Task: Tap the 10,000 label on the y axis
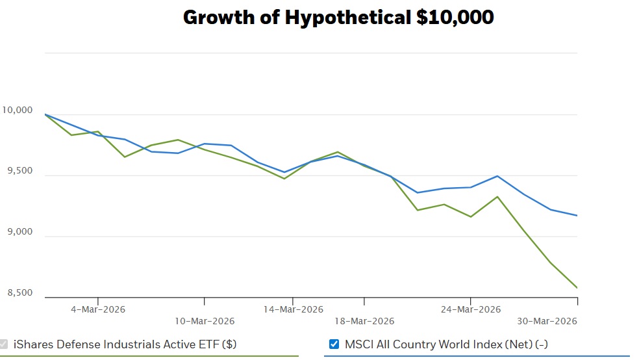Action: click(17, 110)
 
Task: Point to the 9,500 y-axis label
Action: click(20, 170)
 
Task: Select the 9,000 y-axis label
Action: click(20, 231)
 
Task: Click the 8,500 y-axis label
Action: click(20, 292)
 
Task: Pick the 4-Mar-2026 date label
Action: click(98, 309)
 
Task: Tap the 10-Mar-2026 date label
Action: click(205, 321)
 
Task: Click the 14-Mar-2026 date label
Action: click(293, 309)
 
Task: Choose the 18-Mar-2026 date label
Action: click(364, 321)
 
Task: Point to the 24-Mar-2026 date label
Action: click(471, 309)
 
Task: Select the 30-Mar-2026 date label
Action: click(547, 321)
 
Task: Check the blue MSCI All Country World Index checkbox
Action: click(334, 344)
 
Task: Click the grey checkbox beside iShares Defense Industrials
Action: click(3, 344)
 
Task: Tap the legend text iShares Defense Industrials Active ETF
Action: click(125, 344)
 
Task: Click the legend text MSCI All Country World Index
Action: click(446, 344)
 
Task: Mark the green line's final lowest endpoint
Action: click(577, 288)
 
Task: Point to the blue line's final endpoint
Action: click(577, 215)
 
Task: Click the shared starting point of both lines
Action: click(45, 114)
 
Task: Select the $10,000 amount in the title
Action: click(455, 18)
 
